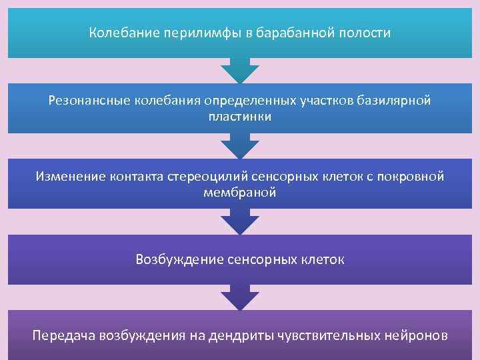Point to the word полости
[365, 33]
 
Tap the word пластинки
[239, 117]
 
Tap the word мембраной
[239, 193]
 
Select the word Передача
[63, 335]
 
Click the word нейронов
[417, 335]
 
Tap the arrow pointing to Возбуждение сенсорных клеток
[239, 222]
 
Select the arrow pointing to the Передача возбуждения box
[239, 298]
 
